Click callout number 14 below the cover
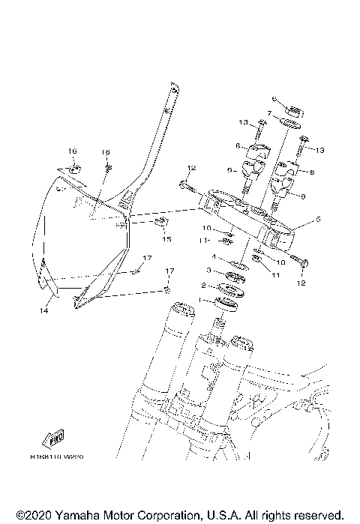[43, 309]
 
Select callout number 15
[166, 240]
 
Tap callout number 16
[73, 151]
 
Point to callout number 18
[106, 151]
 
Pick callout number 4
[214, 256]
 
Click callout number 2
[203, 286]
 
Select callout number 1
[199, 300]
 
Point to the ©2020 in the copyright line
[31, 516]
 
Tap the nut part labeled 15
[160, 223]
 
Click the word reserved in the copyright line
[316, 516]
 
